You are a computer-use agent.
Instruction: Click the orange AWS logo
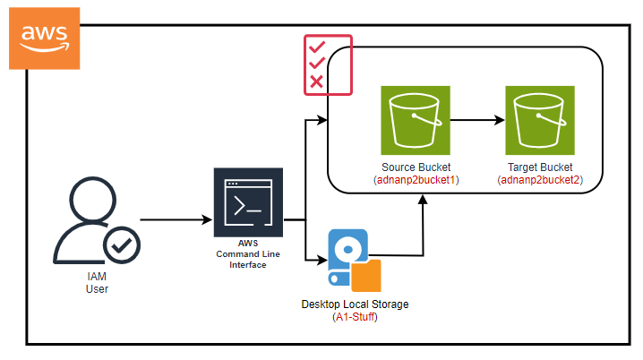click(x=44, y=37)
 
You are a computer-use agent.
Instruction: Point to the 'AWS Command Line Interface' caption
click(x=247, y=253)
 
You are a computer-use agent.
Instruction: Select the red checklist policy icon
click(x=328, y=64)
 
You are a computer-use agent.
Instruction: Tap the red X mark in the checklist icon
click(x=315, y=82)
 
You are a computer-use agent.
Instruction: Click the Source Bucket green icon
click(x=415, y=121)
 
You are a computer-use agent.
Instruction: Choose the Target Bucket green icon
click(x=539, y=121)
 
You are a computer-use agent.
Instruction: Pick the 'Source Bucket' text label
click(x=416, y=167)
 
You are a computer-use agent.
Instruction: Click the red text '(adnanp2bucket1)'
click(x=416, y=180)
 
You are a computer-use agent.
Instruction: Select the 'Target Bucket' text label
click(x=539, y=167)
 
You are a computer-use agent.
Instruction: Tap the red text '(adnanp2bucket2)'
click(x=539, y=180)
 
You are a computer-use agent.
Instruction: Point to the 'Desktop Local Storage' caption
click(x=355, y=304)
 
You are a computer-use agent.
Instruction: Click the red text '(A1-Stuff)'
click(x=355, y=317)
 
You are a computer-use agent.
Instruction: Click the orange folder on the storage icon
click(x=366, y=272)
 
